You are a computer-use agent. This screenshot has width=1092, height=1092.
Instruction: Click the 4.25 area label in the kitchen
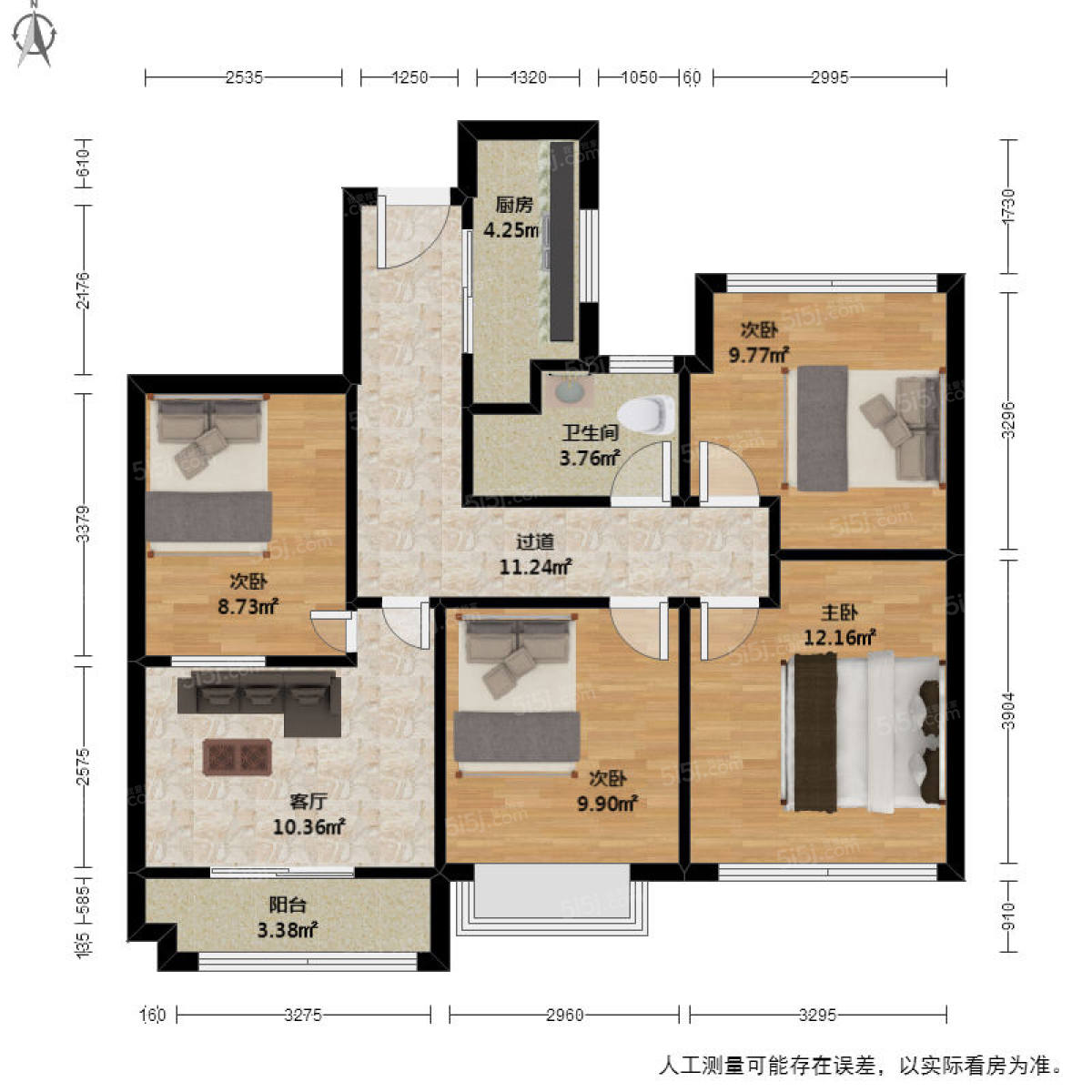[511, 230]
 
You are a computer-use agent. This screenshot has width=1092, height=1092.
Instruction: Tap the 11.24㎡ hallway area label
[535, 567]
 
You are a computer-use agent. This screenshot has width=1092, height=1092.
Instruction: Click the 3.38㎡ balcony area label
[287, 929]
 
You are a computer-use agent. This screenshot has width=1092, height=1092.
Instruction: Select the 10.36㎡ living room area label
[308, 827]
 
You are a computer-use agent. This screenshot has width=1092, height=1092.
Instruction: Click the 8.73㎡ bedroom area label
[247, 605]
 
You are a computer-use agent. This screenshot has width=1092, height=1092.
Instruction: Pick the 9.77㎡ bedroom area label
[758, 355]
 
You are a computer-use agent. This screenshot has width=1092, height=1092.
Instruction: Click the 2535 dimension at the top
[244, 77]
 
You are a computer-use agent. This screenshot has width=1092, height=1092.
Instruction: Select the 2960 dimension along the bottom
[564, 1015]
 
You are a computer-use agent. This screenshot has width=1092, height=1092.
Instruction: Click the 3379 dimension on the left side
[84, 524]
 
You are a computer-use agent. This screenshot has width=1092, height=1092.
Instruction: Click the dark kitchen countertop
[563, 241]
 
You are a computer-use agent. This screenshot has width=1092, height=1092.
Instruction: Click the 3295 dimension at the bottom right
[817, 1015]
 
